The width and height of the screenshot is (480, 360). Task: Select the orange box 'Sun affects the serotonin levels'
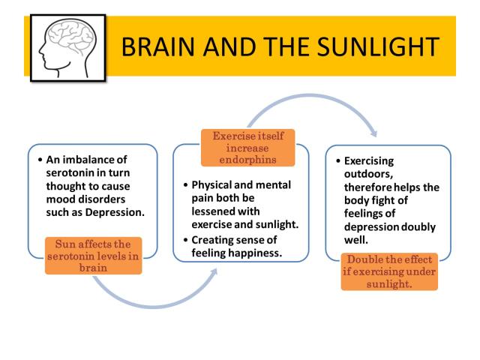(x=93, y=256)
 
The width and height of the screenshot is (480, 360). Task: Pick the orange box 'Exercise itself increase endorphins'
(x=247, y=148)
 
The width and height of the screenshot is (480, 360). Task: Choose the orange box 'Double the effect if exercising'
(x=389, y=271)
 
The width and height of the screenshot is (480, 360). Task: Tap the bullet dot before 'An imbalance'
(x=40, y=160)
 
